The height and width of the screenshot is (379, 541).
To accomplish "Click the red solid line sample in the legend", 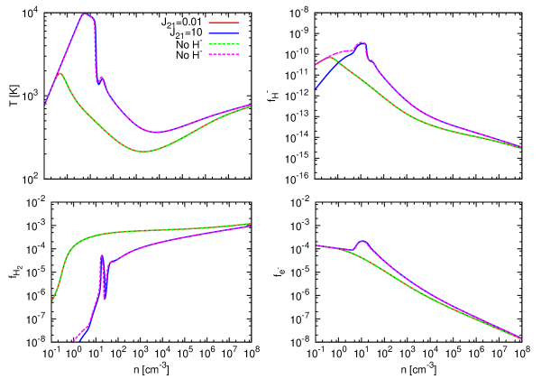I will (x=224, y=23).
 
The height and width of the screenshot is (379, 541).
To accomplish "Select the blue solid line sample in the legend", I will (x=224, y=33).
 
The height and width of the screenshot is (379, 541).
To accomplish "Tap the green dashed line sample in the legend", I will (x=224, y=43).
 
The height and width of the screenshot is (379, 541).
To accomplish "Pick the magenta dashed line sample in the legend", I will (x=224, y=54).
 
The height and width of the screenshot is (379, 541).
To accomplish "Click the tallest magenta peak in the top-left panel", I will (x=85, y=14).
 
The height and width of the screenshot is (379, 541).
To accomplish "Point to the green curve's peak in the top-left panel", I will (x=60, y=73).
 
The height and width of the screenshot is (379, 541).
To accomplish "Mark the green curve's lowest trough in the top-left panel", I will (x=144, y=151).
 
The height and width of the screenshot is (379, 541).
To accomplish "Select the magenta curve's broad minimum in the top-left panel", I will (x=157, y=132).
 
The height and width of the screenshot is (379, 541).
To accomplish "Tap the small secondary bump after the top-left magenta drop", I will (x=102, y=77).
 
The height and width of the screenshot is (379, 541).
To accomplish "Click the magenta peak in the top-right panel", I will (x=362, y=42).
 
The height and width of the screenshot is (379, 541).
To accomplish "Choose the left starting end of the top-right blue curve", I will (x=316, y=88).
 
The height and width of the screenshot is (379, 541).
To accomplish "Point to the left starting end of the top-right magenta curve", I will (x=316, y=65).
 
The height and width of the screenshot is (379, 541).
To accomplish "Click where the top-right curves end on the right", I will (x=521, y=147).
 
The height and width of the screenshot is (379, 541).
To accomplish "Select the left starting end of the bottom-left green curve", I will (x=52, y=300).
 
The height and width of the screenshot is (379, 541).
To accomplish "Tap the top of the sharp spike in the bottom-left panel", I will (x=101, y=256).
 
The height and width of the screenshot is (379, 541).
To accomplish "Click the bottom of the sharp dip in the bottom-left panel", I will (x=105, y=298).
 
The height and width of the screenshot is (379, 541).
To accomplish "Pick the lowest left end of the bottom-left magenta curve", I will (x=73, y=341).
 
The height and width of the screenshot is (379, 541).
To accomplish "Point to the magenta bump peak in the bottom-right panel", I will (x=362, y=241).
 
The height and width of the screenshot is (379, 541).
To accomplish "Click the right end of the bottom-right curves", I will (x=521, y=338).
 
